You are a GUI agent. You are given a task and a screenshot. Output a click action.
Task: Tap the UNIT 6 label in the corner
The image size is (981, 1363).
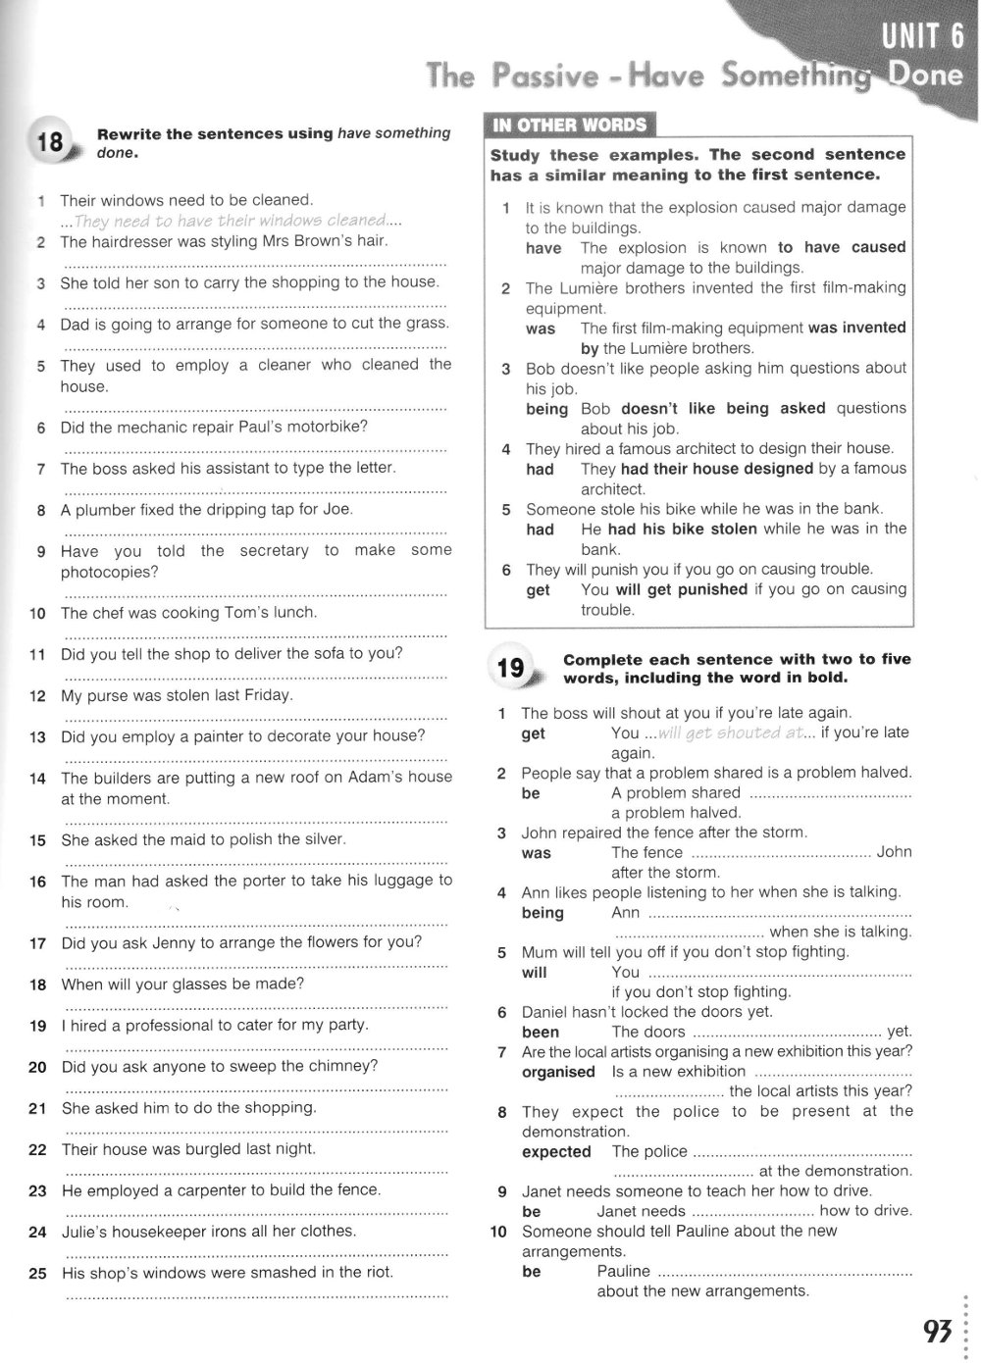tap(922, 37)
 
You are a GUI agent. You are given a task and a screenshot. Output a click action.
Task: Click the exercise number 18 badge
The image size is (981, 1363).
tap(49, 143)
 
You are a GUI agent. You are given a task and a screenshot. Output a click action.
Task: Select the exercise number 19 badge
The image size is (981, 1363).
tap(510, 669)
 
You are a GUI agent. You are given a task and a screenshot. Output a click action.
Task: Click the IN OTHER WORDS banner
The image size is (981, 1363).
tap(570, 125)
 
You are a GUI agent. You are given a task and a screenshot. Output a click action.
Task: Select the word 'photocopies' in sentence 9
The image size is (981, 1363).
tap(109, 573)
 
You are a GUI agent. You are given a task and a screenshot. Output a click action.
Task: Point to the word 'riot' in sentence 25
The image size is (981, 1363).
tap(377, 1273)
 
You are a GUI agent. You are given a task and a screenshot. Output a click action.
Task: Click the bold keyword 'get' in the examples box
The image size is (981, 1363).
tap(538, 590)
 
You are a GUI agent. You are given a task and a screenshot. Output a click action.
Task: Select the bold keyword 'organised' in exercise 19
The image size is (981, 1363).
tap(558, 1072)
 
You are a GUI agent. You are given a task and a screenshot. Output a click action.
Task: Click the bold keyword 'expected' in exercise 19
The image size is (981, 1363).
tap(556, 1152)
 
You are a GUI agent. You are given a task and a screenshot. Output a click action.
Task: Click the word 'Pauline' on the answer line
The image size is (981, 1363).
tap(623, 1272)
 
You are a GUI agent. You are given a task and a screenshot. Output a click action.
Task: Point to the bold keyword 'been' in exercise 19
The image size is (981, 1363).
tap(541, 1033)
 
